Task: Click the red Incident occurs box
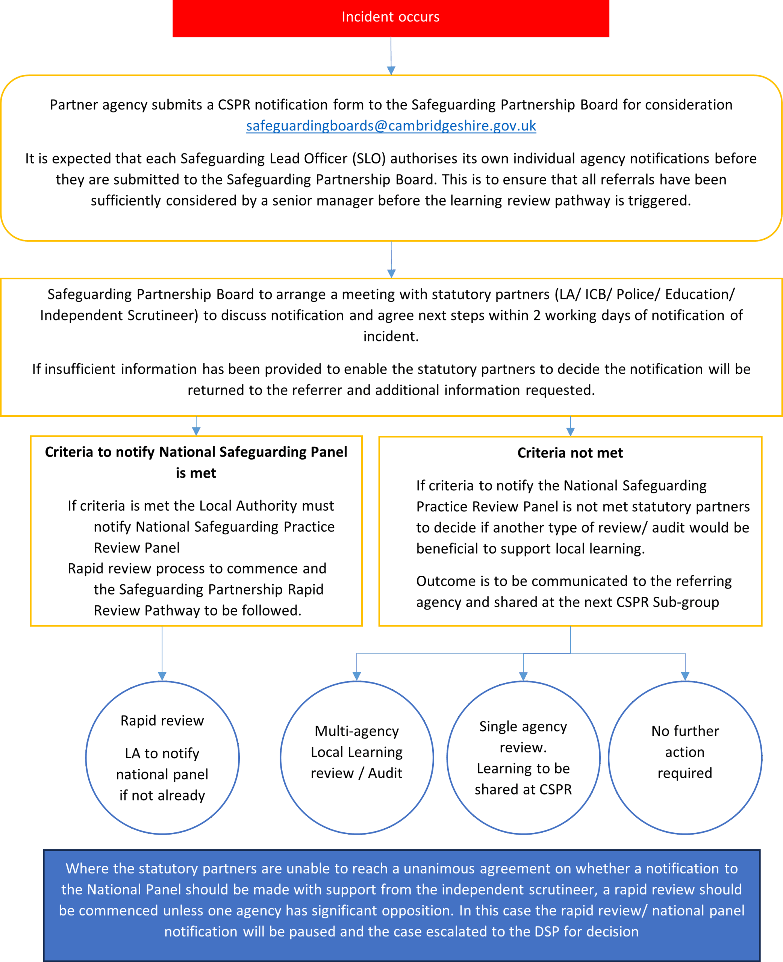point(391,18)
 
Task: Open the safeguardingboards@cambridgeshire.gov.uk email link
point(391,126)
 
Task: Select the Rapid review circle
point(162,757)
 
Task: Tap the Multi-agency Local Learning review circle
point(357,757)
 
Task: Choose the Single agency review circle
point(523,757)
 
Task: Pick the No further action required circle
point(685,757)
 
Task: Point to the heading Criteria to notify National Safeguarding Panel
point(196,452)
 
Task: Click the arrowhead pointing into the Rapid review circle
point(162,676)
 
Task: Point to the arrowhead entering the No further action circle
point(685,676)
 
